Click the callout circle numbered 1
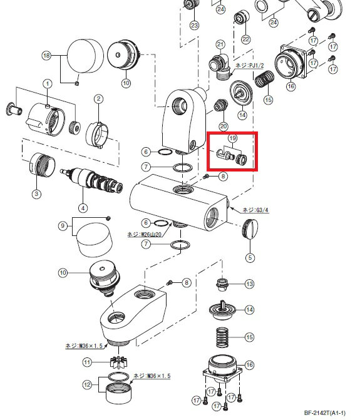(x=47, y=84)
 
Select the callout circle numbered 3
(x=36, y=194)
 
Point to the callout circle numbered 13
(x=250, y=284)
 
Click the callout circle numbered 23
(x=194, y=25)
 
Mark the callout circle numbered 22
(x=245, y=39)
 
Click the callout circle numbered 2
(x=98, y=98)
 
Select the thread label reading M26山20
(x=146, y=234)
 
